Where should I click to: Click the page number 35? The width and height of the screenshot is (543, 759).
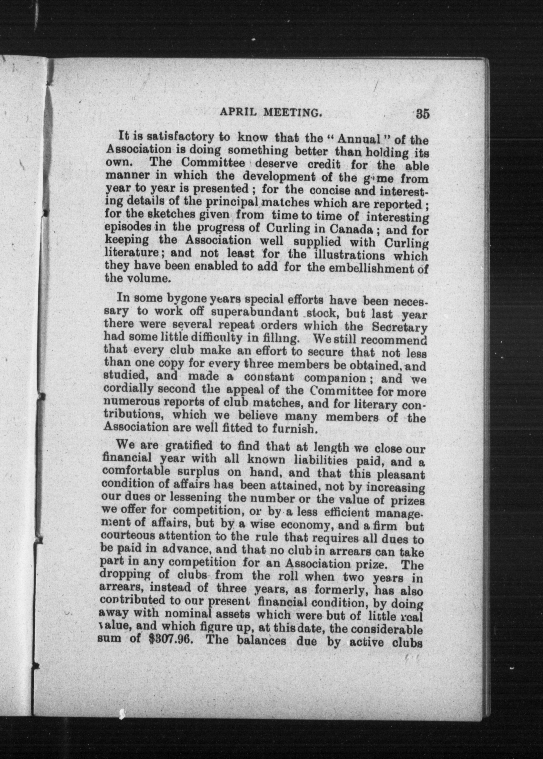pos(422,114)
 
